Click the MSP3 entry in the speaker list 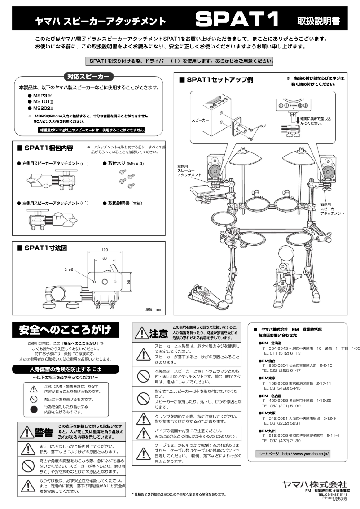click(x=40, y=96)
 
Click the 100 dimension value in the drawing click(x=105, y=250)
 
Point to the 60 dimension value click(x=105, y=259)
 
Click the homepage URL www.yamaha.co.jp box click(x=294, y=454)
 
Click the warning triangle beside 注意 click(x=141, y=333)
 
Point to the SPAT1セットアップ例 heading click(x=216, y=80)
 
